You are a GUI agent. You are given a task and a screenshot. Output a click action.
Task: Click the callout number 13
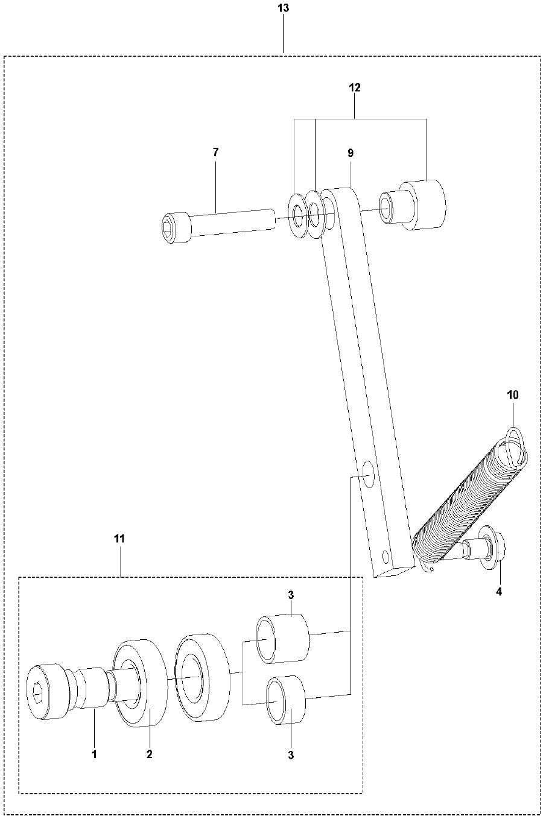tap(283, 8)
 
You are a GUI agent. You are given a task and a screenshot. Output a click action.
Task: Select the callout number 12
tap(354, 87)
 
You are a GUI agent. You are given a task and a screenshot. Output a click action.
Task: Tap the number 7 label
tap(215, 152)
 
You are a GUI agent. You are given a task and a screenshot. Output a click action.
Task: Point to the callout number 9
tap(350, 153)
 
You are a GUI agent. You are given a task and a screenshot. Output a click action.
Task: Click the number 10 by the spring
tap(512, 396)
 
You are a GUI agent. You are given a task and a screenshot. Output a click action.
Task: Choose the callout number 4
tap(498, 592)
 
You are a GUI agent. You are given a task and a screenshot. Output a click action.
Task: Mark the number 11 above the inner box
tap(119, 539)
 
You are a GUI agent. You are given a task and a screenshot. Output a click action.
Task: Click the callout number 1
tap(94, 754)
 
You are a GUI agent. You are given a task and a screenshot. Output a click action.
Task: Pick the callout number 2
tap(149, 754)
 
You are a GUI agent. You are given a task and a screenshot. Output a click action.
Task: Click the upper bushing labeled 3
tap(282, 638)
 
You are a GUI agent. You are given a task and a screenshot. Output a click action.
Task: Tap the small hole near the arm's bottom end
tap(386, 554)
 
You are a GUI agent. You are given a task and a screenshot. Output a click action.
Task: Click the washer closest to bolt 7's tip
tap(298, 214)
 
